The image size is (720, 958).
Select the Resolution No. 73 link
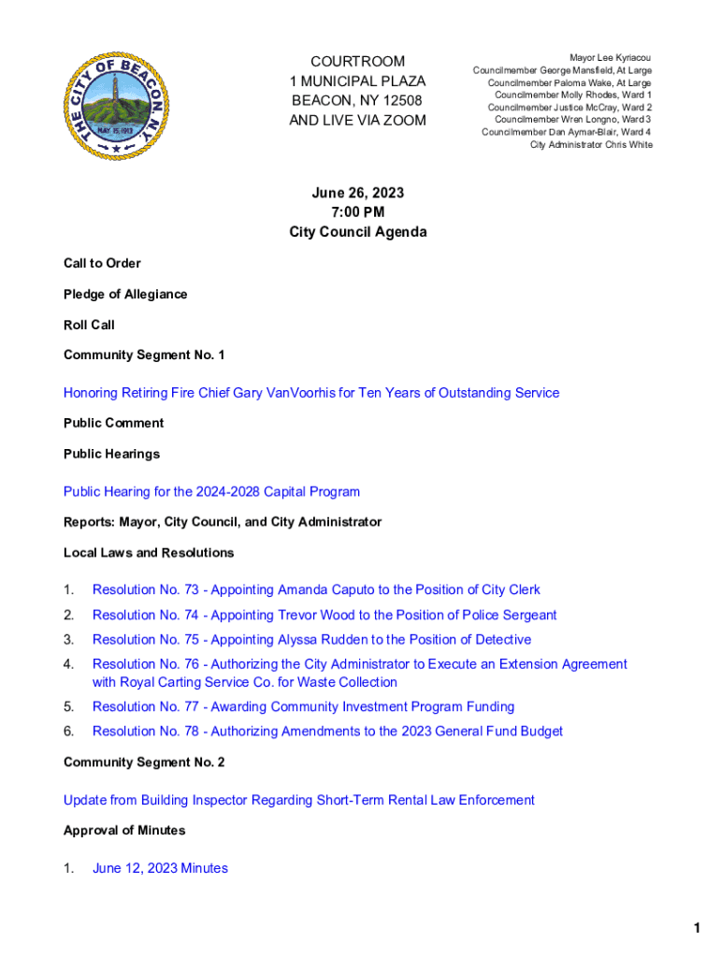(316, 590)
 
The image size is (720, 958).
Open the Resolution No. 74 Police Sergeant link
(324, 616)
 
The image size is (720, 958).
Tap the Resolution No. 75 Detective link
(311, 640)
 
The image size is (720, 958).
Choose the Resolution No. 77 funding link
(303, 707)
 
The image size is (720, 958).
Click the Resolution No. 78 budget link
(327, 732)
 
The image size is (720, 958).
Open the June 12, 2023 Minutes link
(160, 868)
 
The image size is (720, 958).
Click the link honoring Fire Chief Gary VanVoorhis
(311, 393)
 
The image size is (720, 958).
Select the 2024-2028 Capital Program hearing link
(211, 492)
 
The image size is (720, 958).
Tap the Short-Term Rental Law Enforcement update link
(299, 800)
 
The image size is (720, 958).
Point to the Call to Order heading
(102, 264)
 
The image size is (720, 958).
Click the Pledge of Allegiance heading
(125, 295)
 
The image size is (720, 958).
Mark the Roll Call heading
(89, 326)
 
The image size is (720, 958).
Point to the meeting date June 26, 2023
(357, 193)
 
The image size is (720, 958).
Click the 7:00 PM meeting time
(357, 212)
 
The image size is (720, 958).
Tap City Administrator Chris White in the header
(591, 145)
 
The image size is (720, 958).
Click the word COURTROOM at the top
(358, 62)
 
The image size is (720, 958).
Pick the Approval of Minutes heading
(124, 831)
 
